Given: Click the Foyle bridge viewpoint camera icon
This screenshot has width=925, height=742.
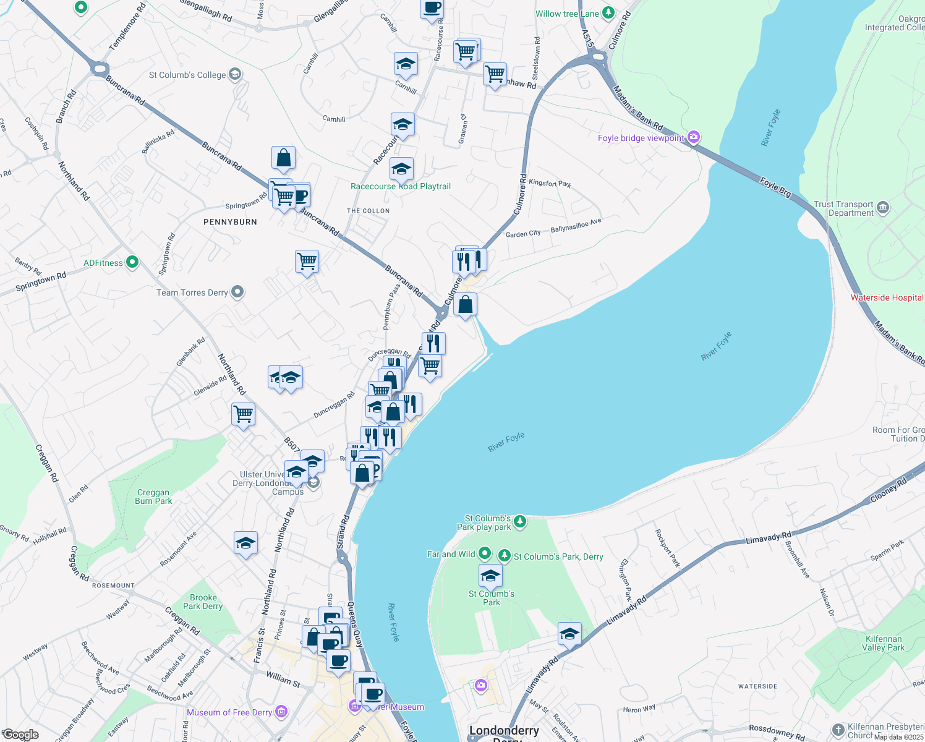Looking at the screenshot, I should click(x=694, y=137).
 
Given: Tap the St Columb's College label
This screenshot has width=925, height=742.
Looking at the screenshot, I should click(x=187, y=75).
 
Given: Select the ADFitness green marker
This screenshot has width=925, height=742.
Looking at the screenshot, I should click(x=132, y=262).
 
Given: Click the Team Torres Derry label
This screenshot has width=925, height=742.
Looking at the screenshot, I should click(x=192, y=292).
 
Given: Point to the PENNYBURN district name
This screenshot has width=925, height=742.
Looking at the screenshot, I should click(x=230, y=222).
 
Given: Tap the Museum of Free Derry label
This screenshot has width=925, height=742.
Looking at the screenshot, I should click(x=229, y=712).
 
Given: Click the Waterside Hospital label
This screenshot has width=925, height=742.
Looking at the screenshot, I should click(x=887, y=297).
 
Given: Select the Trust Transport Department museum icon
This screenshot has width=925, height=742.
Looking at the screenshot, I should click(x=883, y=208).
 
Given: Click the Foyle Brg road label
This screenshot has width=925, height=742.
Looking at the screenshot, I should click(x=775, y=187).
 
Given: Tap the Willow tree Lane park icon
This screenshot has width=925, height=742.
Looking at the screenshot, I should click(x=608, y=13).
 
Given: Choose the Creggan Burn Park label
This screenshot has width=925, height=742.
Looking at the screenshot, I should click(x=153, y=497).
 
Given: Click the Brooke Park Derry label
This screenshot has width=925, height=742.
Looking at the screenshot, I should click(x=203, y=602).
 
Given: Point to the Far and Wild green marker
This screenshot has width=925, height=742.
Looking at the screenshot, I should click(x=485, y=553).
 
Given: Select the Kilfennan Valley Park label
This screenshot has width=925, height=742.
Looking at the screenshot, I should click(x=884, y=643).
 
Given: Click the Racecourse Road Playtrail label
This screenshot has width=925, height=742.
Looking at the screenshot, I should click(x=401, y=186).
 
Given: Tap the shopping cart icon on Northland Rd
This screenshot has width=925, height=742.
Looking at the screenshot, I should click(x=244, y=414).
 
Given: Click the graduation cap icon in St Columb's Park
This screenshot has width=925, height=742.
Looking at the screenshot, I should click(x=490, y=576).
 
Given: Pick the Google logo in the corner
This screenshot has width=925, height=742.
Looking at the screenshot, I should click(x=20, y=735).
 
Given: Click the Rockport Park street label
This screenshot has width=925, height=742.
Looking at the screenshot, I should click(x=667, y=548).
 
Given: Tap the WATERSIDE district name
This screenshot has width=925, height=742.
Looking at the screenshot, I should click(x=757, y=686).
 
